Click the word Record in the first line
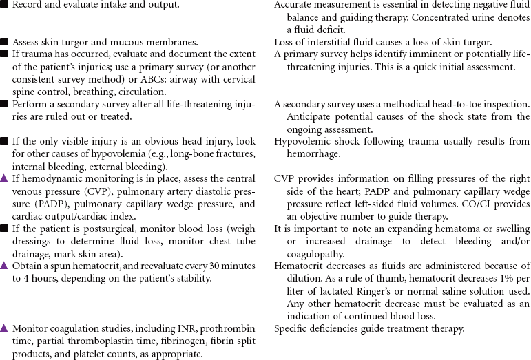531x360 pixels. pyautogui.click(x=29, y=5)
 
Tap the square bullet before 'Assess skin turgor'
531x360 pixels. pyautogui.click(x=5, y=42)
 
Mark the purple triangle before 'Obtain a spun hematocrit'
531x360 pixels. pyautogui.click(x=5, y=266)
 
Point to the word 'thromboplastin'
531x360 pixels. pyautogui.click(x=101, y=341)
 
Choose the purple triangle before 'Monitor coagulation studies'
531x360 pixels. pyautogui.click(x=5, y=329)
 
